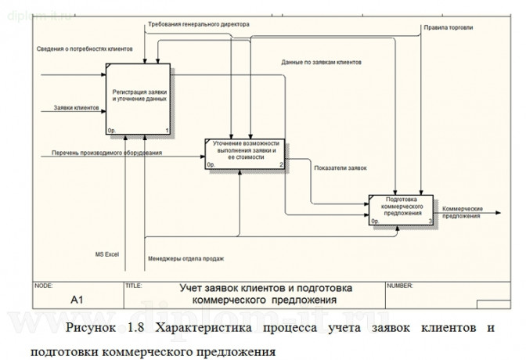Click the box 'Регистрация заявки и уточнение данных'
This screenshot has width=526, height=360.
(x=139, y=95)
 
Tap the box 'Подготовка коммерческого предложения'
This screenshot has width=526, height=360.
(x=402, y=207)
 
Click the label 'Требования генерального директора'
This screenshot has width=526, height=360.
(x=199, y=25)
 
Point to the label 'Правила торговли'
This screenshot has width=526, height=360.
(x=449, y=28)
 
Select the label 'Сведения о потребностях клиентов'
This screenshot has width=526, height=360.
(x=85, y=49)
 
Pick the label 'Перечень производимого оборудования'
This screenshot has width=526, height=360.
(x=107, y=153)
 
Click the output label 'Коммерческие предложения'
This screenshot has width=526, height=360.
(x=461, y=213)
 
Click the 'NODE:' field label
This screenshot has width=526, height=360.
(x=43, y=286)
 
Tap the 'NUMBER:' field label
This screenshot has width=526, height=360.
(x=399, y=286)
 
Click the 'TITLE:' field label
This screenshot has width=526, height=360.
(x=133, y=286)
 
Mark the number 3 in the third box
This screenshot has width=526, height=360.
(x=430, y=221)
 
